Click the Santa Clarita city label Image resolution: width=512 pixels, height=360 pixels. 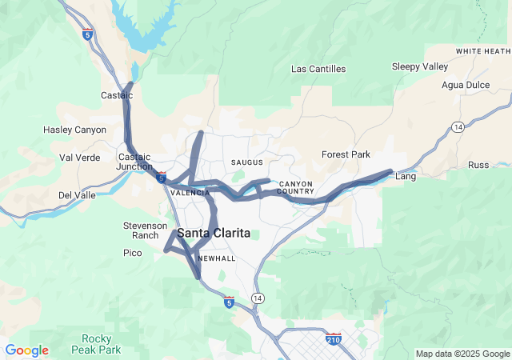coord(213,233)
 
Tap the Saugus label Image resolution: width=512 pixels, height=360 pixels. coord(246,162)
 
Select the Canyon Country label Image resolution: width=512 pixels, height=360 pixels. coord(296,187)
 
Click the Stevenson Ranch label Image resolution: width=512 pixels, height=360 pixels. coord(146,230)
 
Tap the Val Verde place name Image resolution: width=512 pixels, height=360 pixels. coord(80,158)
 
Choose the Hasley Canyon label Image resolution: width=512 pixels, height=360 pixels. coord(74,130)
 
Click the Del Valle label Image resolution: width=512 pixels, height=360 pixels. coord(77,195)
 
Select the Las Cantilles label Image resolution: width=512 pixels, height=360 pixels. coord(318,69)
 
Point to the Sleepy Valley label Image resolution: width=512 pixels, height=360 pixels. coord(420,66)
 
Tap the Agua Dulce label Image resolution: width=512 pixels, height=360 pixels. coord(463,85)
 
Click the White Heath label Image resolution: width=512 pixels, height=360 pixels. coord(482,51)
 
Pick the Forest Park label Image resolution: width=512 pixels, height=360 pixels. coord(346,154)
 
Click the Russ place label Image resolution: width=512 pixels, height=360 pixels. coord(478,165)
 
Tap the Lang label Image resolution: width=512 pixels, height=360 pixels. coord(406,177)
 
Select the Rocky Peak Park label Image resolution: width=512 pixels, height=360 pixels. coord(101,344)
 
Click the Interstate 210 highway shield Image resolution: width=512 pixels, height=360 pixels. coord(334,339)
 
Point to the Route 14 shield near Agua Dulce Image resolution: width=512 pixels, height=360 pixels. coord(458,127)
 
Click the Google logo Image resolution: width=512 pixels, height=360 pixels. coord(26,350)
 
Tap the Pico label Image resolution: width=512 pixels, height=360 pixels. coord(132,253)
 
